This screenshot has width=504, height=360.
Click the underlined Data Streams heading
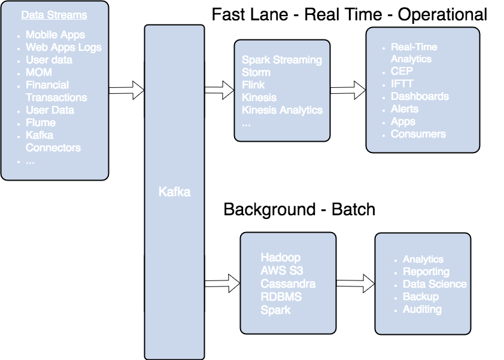(54, 15)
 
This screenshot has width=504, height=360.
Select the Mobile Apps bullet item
(55, 35)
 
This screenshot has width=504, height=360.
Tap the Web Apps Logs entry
(63, 47)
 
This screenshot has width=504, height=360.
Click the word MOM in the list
(39, 72)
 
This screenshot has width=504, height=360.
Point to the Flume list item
(41, 123)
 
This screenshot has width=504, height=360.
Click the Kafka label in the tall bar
(174, 192)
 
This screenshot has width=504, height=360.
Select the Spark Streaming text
(281, 60)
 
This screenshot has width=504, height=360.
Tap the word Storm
(256, 72)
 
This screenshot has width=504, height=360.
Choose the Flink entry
(253, 85)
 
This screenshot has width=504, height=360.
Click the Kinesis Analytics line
(282, 110)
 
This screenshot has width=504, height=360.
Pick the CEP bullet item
(402, 71)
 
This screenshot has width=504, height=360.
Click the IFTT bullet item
(402, 84)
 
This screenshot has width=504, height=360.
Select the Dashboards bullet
(420, 96)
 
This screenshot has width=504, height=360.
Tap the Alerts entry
(405, 109)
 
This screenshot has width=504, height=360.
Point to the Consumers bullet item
(418, 134)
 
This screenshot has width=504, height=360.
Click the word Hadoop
(280, 257)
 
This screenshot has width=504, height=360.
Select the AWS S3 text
(282, 270)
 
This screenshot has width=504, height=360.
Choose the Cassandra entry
(288, 283)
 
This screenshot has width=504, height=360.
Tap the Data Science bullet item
(435, 284)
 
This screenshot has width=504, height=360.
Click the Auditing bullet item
(422, 309)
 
